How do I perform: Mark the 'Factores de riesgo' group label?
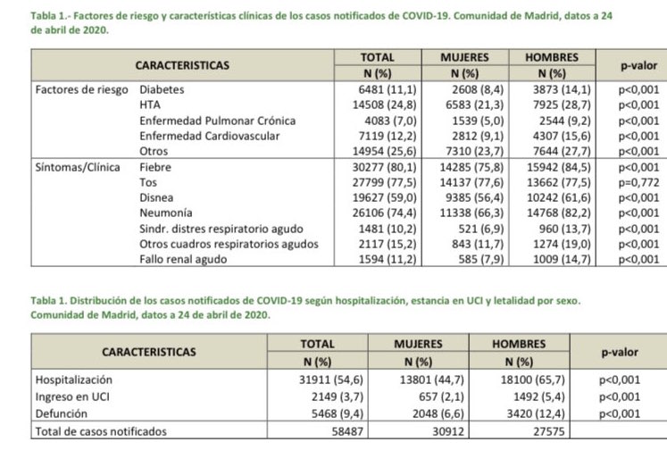79,89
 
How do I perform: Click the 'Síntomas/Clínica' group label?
77,167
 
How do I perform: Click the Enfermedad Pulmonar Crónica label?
217,120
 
